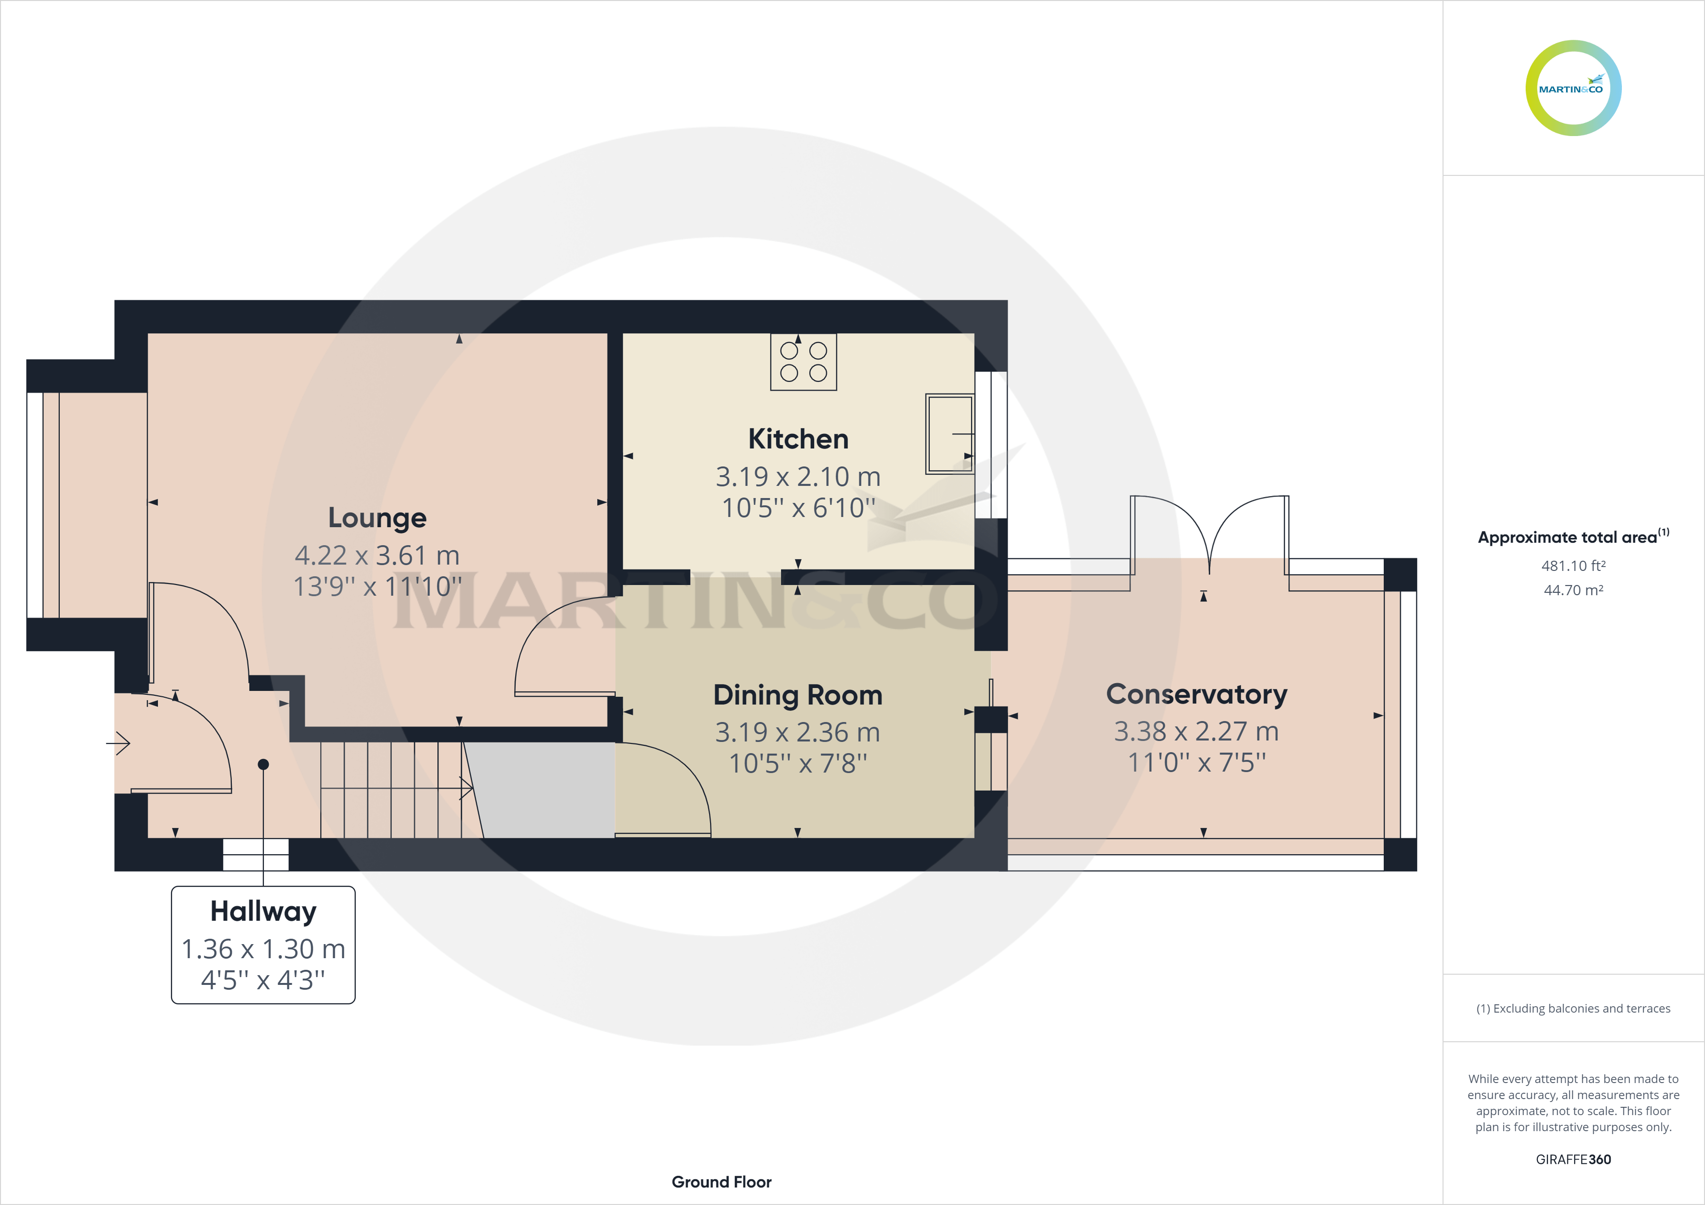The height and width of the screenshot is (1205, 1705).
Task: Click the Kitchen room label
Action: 798,439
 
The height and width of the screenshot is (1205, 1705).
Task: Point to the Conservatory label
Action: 1196,694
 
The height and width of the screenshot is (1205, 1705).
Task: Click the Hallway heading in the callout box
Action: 263,912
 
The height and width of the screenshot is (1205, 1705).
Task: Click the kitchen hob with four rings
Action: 803,361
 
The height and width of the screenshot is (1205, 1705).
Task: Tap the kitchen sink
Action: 950,433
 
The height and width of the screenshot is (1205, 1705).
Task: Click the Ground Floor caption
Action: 721,1182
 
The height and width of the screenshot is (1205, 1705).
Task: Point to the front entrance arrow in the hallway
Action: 118,742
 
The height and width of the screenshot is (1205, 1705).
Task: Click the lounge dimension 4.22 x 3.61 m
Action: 377,555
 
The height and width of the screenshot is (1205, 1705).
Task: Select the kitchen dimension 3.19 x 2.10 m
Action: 798,477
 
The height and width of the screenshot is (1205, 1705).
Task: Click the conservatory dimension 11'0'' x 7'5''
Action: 1196,762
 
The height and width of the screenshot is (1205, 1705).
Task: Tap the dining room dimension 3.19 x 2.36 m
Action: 798,733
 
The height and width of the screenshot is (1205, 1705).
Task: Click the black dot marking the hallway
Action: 263,764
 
